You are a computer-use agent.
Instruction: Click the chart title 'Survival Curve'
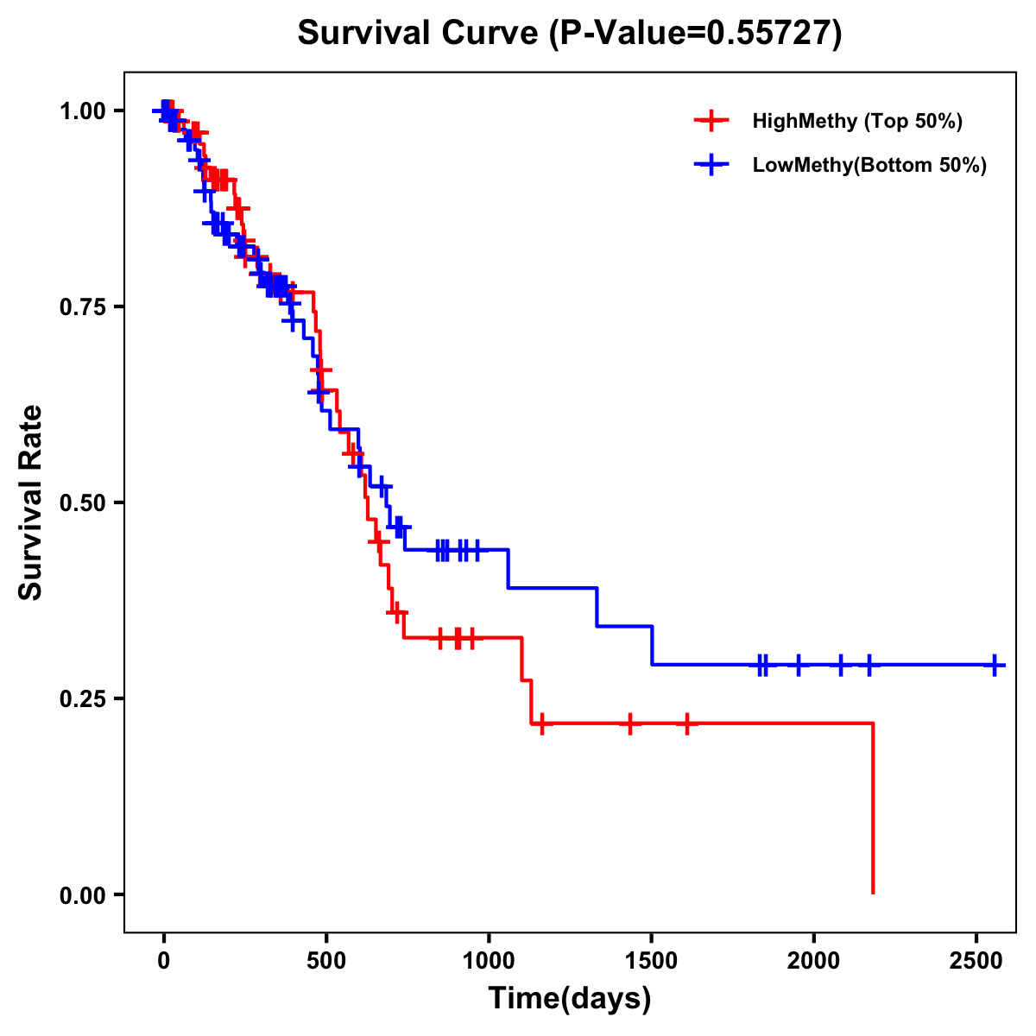(418, 34)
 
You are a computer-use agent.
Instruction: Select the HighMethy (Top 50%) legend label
(856, 121)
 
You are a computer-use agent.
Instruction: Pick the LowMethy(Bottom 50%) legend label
(869, 165)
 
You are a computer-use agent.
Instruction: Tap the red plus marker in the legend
(711, 121)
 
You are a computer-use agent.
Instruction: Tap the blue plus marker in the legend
(711, 165)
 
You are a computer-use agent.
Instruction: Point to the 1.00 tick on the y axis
(84, 111)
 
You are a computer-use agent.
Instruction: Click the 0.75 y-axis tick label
(84, 307)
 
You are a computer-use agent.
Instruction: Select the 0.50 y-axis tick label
(84, 503)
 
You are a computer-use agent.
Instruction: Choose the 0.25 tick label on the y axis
(84, 699)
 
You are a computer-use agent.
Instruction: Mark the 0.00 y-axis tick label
(84, 895)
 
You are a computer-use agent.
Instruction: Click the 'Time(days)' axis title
(570, 999)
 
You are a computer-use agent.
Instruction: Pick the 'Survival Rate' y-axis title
(31, 502)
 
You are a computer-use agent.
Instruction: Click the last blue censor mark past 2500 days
(995, 666)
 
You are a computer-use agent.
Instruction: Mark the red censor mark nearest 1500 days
(630, 723)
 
